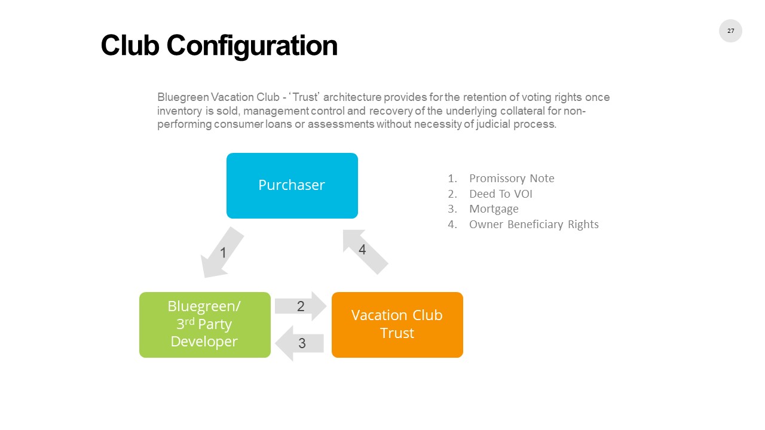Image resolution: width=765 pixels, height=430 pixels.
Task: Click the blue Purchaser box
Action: [x=292, y=185]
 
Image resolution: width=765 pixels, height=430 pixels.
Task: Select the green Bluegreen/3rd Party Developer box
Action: [x=204, y=324]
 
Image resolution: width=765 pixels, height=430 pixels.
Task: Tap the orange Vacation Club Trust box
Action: [x=397, y=324]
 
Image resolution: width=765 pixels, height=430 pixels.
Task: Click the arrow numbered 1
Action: [x=222, y=253]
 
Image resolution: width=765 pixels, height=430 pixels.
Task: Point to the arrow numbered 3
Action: [x=300, y=343]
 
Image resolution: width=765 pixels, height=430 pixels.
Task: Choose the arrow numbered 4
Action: [x=365, y=251]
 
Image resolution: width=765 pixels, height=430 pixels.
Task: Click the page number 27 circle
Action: [x=730, y=30]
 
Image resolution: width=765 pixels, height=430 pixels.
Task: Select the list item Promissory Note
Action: [x=512, y=179]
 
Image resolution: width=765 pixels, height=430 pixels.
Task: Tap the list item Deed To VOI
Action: [x=500, y=194]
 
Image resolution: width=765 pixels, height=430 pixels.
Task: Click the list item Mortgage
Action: [x=494, y=209]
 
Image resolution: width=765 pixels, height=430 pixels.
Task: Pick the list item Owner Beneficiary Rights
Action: [x=534, y=225]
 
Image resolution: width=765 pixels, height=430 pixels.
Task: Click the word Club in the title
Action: [x=129, y=45]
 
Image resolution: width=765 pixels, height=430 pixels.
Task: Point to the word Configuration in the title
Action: [x=252, y=45]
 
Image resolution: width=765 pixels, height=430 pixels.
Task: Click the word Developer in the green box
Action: [x=204, y=342]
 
